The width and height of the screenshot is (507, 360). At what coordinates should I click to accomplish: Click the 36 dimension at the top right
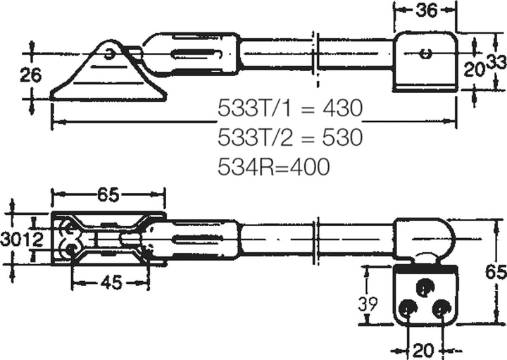coord(427,11)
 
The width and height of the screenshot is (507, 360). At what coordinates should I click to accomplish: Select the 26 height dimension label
coord(31,75)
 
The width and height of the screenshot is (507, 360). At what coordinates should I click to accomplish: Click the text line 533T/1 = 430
coord(290,108)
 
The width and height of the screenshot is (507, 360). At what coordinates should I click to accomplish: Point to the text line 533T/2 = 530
coord(290,137)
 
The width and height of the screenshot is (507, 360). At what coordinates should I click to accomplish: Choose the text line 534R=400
coord(274,166)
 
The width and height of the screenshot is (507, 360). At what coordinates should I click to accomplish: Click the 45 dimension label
coord(111,283)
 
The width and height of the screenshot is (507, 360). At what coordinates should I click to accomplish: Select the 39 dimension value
coord(368,304)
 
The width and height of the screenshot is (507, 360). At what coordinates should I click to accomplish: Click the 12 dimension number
coord(32,240)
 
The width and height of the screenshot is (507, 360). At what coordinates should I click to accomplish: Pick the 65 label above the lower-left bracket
coord(108,195)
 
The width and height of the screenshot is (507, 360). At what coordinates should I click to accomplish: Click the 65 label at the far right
coord(496,272)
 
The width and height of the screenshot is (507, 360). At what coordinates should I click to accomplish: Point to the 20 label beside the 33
coord(474,70)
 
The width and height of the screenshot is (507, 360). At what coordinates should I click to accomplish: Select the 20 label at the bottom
coord(423,350)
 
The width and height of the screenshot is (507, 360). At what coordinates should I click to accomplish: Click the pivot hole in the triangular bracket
coord(110,54)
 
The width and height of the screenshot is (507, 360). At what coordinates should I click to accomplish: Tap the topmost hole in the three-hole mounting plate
coord(424,286)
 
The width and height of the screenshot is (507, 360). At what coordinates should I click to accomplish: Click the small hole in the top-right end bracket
coord(425,54)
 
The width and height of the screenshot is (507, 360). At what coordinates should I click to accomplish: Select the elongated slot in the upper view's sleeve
coord(198,54)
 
